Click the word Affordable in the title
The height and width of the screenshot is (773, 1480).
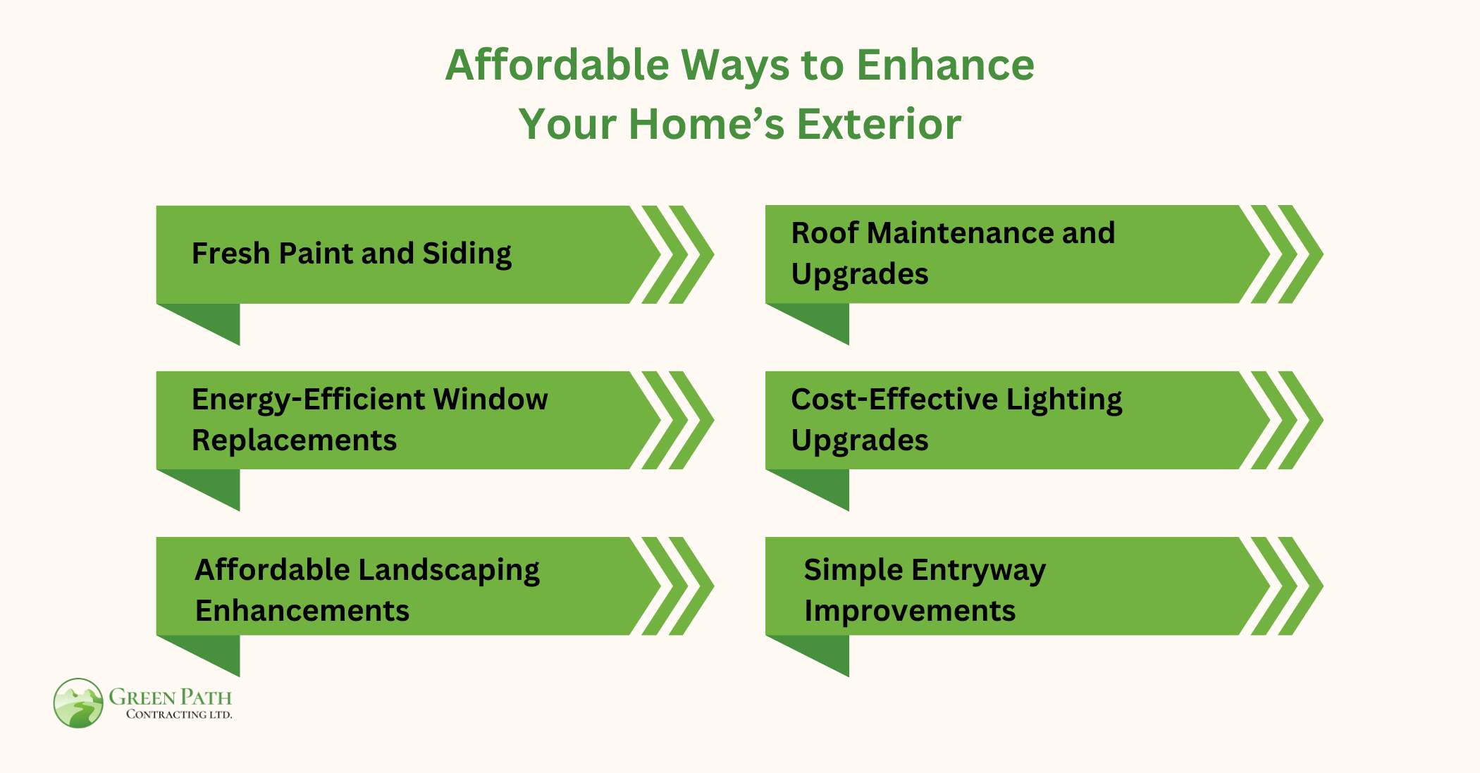click(557, 66)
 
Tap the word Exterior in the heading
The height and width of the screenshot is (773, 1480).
click(879, 125)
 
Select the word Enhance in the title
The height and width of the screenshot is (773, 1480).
click(945, 66)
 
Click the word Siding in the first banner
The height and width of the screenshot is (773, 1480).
click(467, 254)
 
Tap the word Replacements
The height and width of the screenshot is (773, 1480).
click(294, 440)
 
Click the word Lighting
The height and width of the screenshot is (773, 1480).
click(1063, 400)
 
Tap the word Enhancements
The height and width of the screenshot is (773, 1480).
click(302, 611)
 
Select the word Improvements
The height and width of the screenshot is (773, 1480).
click(909, 611)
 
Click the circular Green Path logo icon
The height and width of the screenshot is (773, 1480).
click(78, 703)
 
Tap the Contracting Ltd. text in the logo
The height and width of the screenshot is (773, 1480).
click(178, 715)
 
